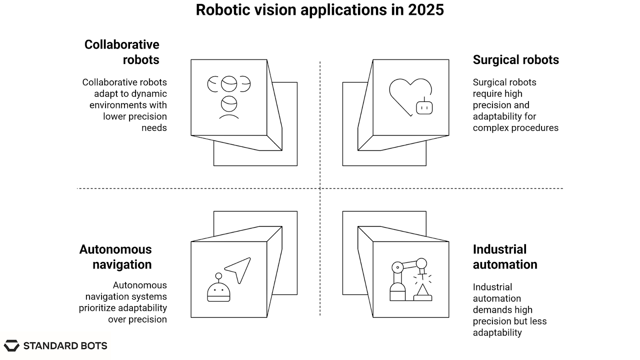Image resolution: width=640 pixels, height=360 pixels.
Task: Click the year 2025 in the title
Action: [426, 10]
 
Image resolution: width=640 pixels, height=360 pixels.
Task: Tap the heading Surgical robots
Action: [516, 60]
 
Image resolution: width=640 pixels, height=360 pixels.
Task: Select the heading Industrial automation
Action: [505, 257]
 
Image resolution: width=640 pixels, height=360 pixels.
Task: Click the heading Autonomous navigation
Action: [116, 257]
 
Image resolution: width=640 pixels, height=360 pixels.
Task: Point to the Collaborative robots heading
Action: [122, 52]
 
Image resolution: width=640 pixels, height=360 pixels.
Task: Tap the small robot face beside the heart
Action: [424, 107]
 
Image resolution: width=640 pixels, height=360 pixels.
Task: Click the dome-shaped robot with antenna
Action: [218, 288]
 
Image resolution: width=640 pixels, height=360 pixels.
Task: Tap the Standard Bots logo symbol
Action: [12, 346]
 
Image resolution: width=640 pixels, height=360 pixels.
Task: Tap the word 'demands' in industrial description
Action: [488, 310]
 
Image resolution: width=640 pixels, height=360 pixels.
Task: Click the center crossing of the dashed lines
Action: [320, 188]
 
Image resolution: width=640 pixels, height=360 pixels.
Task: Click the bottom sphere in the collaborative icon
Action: [229, 104]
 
